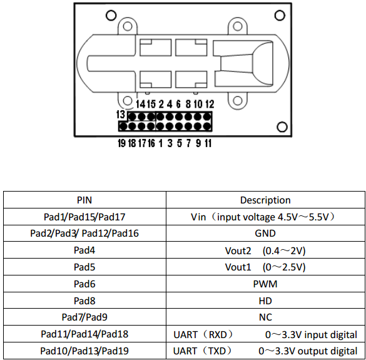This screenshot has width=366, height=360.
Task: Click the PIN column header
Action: (84, 200)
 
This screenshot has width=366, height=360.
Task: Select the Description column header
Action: (265, 200)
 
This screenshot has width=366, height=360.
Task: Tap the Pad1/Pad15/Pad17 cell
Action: (84, 217)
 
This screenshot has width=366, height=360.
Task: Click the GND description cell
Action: (265, 234)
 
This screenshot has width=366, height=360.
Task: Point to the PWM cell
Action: (265, 284)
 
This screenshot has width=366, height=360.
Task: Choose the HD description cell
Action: (265, 301)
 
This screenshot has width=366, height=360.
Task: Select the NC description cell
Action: (265, 317)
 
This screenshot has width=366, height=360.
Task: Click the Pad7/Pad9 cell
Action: (84, 317)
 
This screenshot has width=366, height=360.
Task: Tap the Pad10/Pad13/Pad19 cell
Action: (84, 351)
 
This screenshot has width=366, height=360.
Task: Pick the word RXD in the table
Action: (218, 334)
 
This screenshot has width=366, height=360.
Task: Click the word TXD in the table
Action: (217, 351)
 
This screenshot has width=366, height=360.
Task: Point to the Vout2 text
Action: (238, 251)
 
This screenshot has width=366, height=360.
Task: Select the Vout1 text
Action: (238, 267)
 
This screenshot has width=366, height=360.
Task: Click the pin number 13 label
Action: (121, 115)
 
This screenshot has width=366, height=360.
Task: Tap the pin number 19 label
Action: (122, 143)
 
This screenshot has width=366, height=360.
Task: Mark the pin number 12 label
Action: (210, 104)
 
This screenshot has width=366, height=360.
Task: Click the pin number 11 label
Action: (208, 143)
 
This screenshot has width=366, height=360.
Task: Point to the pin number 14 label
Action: (141, 104)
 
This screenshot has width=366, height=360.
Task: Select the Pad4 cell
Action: (84, 250)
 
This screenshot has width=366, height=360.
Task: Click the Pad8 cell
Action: (84, 301)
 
